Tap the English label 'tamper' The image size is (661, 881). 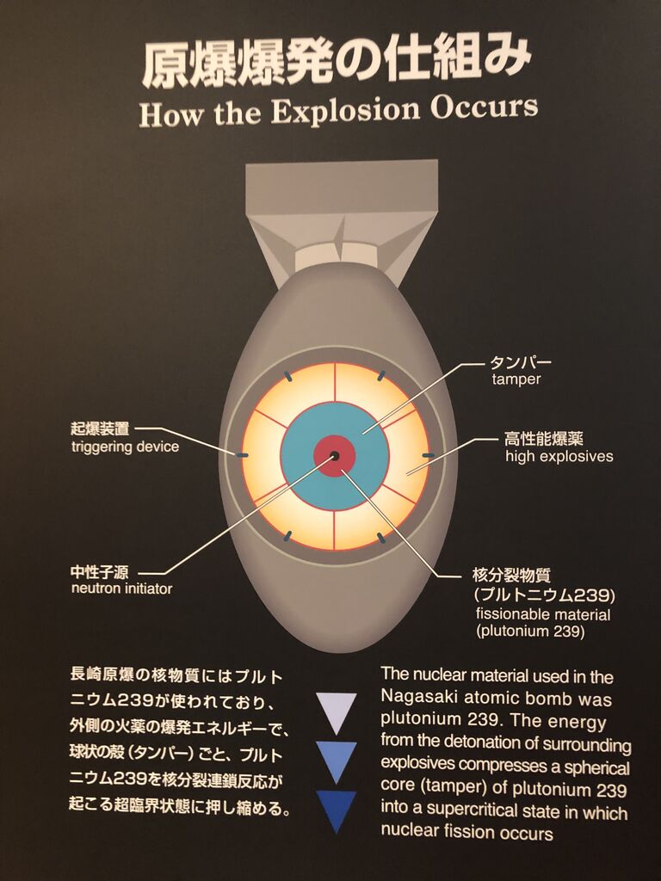coord(516,379)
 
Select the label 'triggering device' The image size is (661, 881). coord(125,447)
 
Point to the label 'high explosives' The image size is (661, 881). coord(559,456)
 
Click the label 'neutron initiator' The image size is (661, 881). coord(121,588)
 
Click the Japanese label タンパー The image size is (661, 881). coord(521,362)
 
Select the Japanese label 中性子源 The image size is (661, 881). coord(100,571)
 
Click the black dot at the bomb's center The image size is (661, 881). coord(334,455)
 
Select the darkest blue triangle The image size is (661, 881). coord(337,809)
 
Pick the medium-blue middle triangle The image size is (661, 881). coord(337,760)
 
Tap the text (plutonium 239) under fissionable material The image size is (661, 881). coord(529,631)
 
